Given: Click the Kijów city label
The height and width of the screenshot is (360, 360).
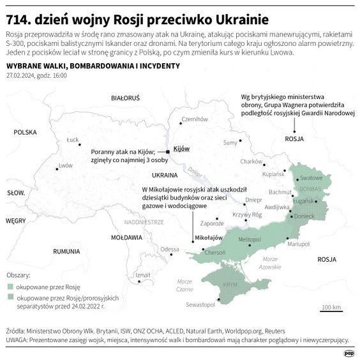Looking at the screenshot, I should [182, 147].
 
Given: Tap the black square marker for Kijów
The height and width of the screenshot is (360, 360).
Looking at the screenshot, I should [169, 151].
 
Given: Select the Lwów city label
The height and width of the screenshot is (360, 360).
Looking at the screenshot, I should [65, 165].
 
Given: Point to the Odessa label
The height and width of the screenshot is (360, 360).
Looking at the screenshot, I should [170, 248].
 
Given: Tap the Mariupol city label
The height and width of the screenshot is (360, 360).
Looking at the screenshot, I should [299, 243].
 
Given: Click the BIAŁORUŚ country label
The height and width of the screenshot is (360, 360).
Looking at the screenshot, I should [125, 99].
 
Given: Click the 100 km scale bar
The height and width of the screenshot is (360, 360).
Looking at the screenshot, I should [331, 310].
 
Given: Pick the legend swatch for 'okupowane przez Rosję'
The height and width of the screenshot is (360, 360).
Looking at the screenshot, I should [11, 286].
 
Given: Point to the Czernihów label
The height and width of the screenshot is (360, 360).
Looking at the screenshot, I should [195, 119].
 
